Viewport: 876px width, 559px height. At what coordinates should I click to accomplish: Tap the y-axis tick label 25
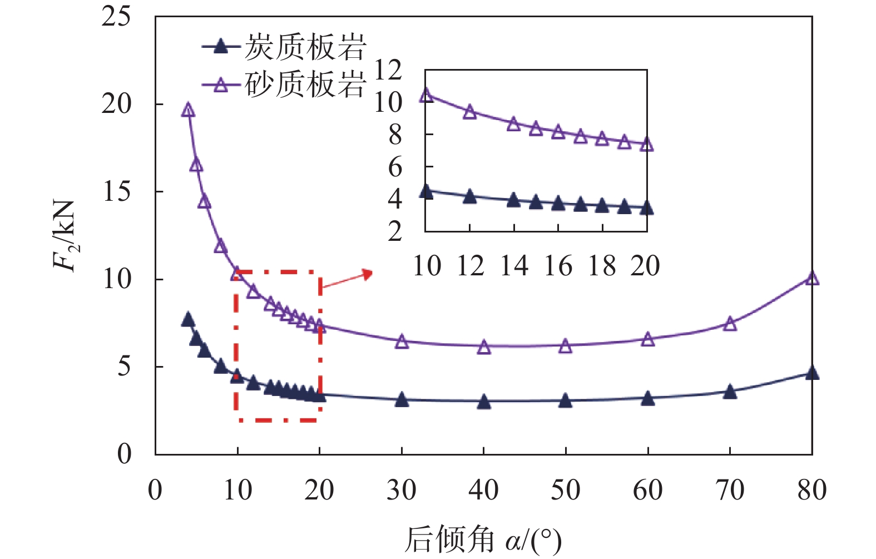[116, 17]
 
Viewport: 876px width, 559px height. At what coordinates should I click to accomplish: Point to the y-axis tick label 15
[116, 192]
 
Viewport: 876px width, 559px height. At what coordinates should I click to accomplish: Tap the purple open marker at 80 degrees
[812, 278]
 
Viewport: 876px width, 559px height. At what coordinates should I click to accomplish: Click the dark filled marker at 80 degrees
[812, 373]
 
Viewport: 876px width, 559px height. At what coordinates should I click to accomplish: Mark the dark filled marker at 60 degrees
[648, 398]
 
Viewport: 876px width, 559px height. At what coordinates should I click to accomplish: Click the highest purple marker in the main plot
[188, 110]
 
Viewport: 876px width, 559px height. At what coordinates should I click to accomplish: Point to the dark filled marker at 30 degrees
[402, 399]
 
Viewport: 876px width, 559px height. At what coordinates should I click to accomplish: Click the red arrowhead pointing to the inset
[367, 273]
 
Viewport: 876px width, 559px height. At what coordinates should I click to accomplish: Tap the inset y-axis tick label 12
[388, 71]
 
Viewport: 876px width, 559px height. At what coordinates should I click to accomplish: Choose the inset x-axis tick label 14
[514, 266]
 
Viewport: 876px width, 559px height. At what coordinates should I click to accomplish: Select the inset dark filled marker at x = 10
[426, 191]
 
